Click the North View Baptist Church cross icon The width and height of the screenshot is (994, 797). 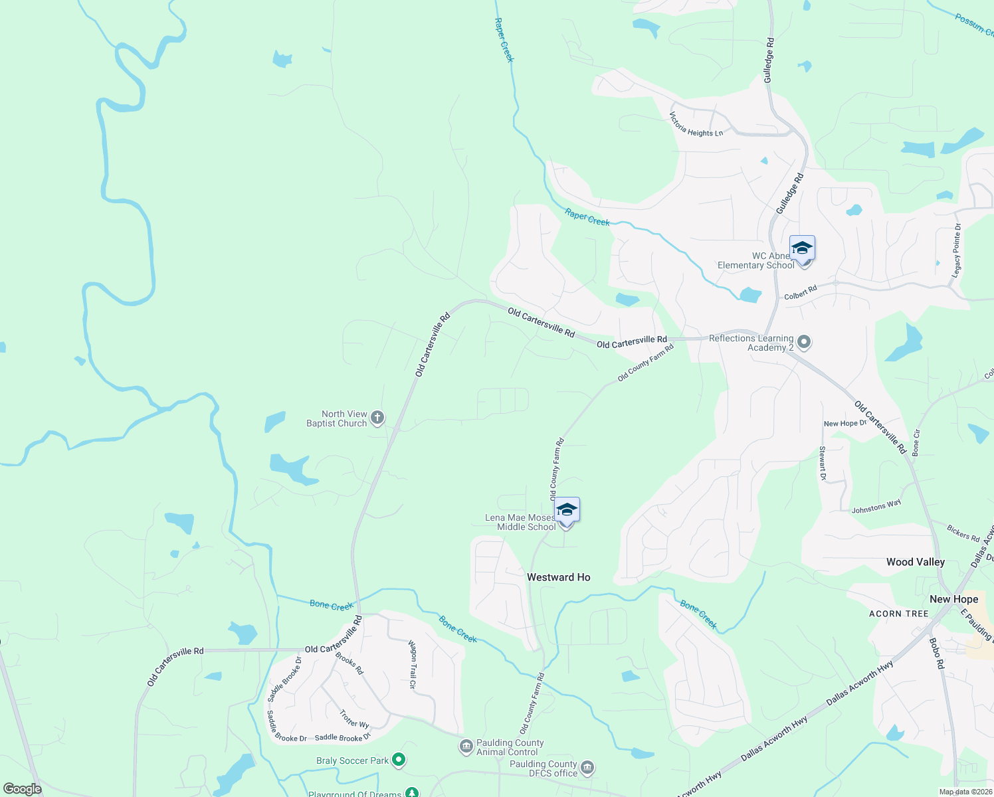click(377, 418)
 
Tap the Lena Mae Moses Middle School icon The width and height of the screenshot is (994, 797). click(567, 510)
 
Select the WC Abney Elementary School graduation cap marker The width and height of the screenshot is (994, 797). click(802, 248)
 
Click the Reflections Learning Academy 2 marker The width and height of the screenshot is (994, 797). click(805, 343)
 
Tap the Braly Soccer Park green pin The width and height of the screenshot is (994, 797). click(399, 759)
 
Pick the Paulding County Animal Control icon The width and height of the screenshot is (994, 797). click(466, 747)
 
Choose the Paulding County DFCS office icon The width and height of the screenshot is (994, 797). click(587, 768)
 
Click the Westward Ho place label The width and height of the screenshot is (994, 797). click(558, 577)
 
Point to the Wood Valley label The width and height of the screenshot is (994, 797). click(915, 562)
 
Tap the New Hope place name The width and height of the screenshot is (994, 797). click(953, 599)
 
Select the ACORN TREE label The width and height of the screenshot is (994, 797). click(898, 614)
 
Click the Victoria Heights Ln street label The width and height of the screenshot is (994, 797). click(696, 126)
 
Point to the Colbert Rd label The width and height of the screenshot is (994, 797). click(800, 293)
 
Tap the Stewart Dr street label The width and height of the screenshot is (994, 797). click(823, 464)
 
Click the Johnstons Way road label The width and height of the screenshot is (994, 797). click(876, 507)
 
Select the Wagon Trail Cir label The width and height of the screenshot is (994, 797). click(413, 664)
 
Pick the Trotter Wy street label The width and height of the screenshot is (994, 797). click(354, 719)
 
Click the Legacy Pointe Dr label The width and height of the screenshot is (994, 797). click(957, 250)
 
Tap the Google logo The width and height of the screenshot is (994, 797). click(23, 788)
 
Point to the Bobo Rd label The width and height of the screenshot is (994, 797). click(936, 653)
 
